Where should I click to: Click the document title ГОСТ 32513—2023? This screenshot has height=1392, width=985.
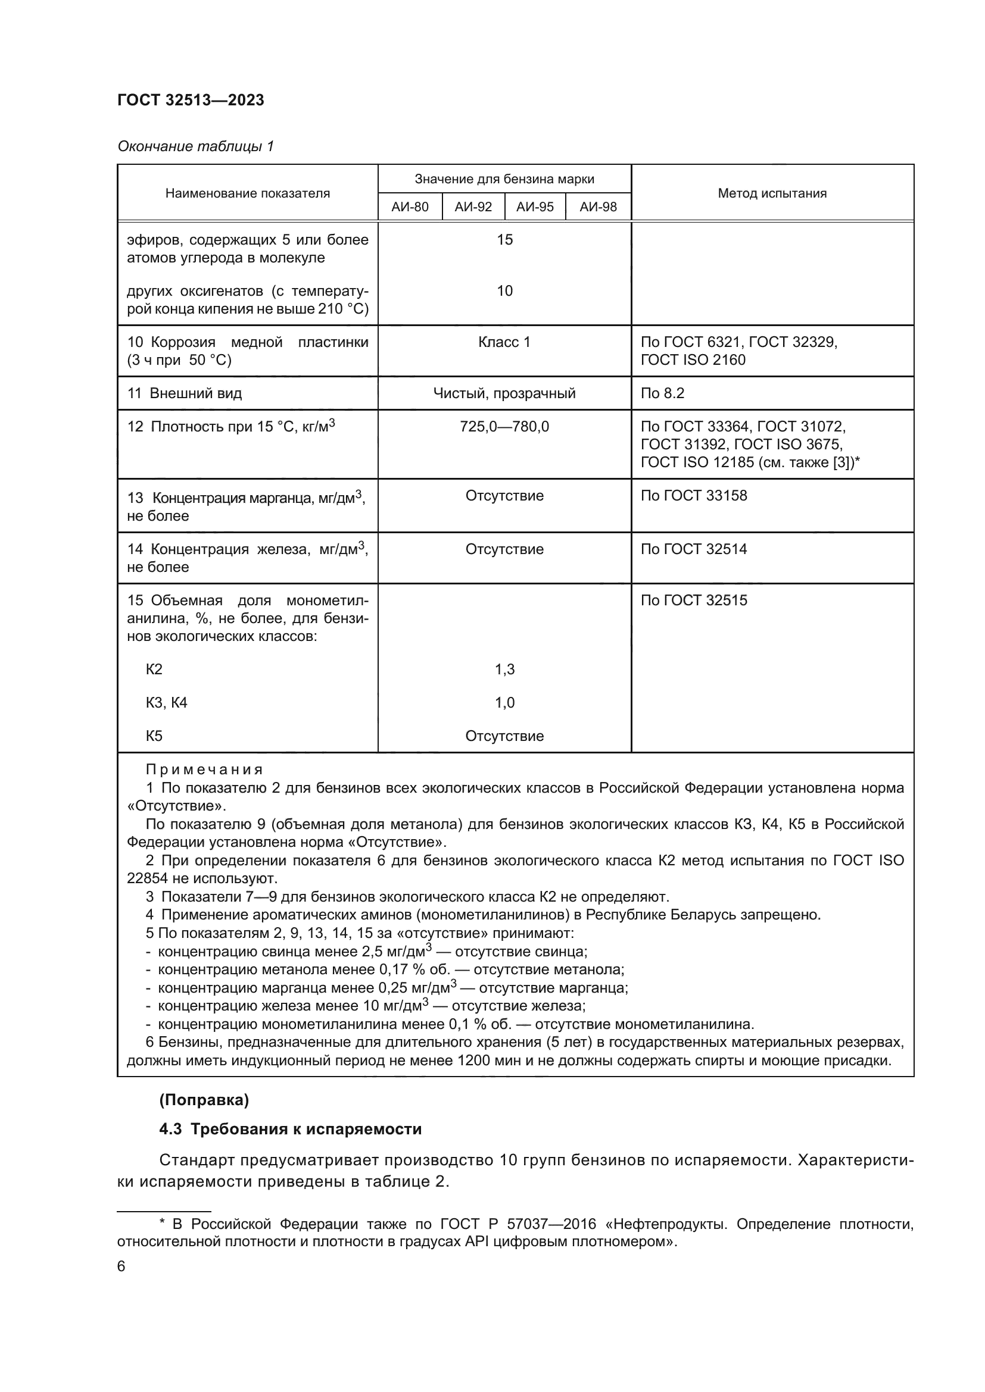pyautogui.click(x=191, y=101)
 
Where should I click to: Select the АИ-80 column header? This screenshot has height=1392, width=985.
pyautogui.click(x=410, y=207)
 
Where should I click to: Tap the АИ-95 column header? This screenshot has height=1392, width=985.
pyautogui.click(x=535, y=207)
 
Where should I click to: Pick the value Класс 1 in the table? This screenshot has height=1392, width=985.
pyautogui.click(x=504, y=342)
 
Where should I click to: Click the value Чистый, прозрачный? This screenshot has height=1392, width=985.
pyautogui.click(x=504, y=393)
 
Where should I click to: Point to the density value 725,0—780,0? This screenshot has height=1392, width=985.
pyautogui.click(x=504, y=427)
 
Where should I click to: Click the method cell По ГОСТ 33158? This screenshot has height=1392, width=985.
pyautogui.click(x=694, y=496)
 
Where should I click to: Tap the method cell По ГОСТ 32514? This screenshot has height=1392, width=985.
pyautogui.click(x=694, y=549)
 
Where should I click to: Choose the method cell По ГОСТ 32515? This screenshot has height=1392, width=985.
pyautogui.click(x=694, y=600)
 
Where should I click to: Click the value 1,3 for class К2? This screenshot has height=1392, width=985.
pyautogui.click(x=504, y=670)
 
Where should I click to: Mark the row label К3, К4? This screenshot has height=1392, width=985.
pyautogui.click(x=166, y=703)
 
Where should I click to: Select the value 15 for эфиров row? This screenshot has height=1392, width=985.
pyautogui.click(x=504, y=240)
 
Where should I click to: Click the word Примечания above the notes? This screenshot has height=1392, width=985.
pyautogui.click(x=204, y=770)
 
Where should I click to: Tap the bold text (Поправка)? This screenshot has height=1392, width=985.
pyautogui.click(x=204, y=1100)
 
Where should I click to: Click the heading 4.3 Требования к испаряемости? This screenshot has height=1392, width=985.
pyautogui.click(x=290, y=1129)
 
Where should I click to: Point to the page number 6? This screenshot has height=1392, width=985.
pyautogui.click(x=121, y=1266)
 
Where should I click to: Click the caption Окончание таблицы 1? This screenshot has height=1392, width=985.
pyautogui.click(x=195, y=146)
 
